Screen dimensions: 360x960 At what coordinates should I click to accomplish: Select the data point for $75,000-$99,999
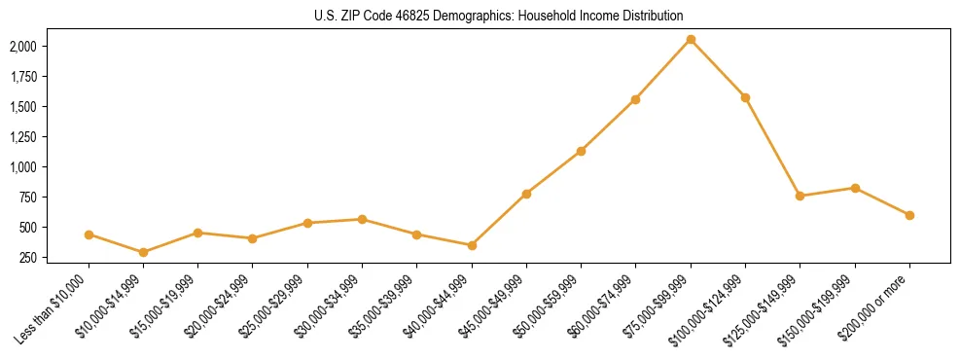[x=691, y=39]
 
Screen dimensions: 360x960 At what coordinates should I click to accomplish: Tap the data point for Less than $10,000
[x=89, y=234]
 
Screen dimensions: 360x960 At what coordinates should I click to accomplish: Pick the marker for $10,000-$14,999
[x=144, y=252]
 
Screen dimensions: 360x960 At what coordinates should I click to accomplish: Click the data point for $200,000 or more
[x=909, y=215]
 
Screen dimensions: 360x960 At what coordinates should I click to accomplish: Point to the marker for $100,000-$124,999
[x=745, y=97]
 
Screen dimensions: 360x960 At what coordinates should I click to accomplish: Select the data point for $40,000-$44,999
[x=472, y=245]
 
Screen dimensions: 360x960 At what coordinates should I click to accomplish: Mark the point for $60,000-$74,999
[x=635, y=99]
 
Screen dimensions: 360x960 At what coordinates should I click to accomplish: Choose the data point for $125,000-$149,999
[x=800, y=196]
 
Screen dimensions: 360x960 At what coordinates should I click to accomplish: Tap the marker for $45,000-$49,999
[x=526, y=194]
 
